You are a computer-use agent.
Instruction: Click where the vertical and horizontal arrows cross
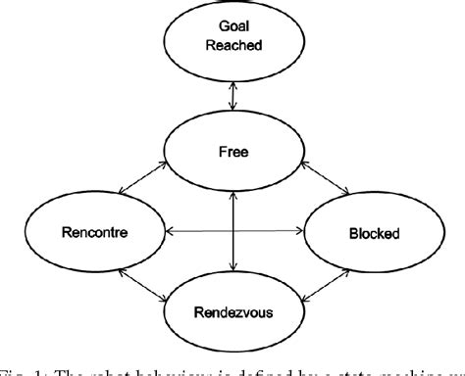pos(232,233)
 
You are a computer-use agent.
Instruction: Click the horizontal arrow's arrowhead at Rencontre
pos(169,233)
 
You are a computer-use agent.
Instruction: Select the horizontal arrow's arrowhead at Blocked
pos(298,233)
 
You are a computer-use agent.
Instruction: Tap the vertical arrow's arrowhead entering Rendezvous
pos(232,266)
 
